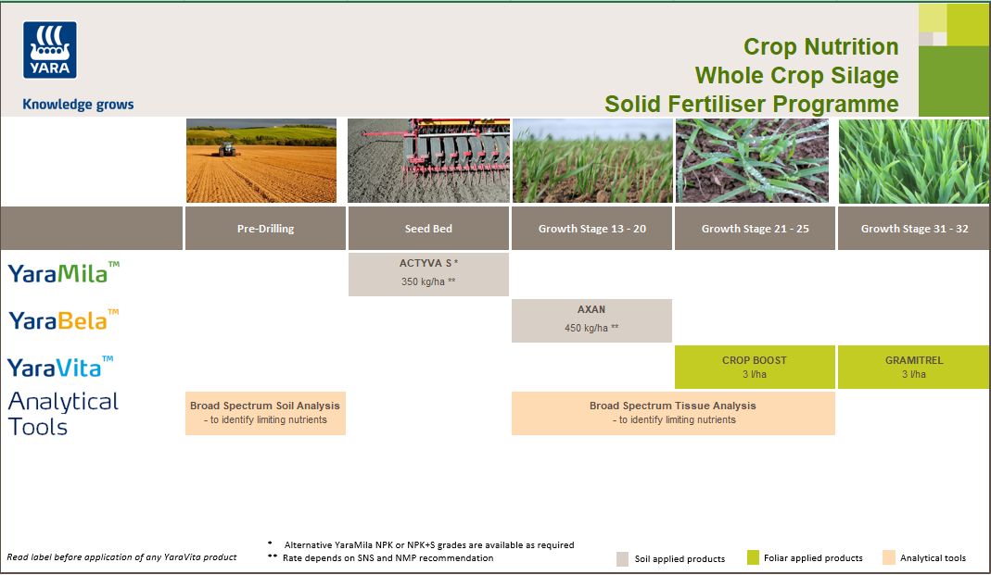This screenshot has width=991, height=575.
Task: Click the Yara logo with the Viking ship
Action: coord(50,50)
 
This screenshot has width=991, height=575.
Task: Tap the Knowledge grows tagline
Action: coord(78,105)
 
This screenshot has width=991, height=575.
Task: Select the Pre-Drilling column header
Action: coord(265,229)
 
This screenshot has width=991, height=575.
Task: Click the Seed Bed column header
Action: coord(428,229)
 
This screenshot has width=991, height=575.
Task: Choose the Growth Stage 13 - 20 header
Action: coord(592,229)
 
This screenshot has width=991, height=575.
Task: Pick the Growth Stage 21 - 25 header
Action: coord(755,229)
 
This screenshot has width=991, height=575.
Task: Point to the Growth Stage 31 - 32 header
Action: coord(914,229)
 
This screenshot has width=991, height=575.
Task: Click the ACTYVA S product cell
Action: coord(428,273)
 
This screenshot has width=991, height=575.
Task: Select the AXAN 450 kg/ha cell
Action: coord(591,319)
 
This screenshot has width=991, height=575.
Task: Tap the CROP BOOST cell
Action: coord(755,367)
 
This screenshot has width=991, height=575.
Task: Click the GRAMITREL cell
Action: coord(914,367)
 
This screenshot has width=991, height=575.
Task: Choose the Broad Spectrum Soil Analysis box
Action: coord(265,412)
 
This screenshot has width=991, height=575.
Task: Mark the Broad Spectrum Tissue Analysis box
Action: coord(673,412)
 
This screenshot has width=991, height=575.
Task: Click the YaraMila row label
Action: coord(63,273)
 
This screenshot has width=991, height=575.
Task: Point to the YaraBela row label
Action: coord(63,320)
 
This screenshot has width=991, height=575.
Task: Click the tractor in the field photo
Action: coord(225,147)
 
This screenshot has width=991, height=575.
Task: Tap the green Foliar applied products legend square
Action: coord(754,557)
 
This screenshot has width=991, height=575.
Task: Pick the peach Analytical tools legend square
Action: coord(888,557)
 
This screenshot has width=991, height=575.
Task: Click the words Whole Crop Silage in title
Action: coord(796,75)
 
